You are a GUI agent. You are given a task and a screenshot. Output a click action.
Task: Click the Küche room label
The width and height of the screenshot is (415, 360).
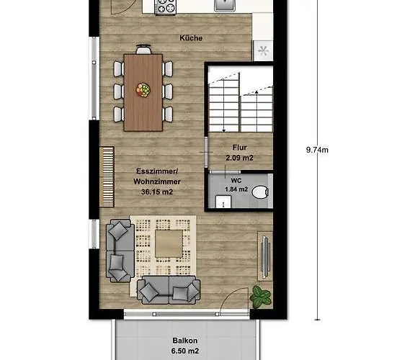191,37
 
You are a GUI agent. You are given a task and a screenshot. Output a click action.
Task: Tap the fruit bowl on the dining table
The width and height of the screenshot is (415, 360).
144,90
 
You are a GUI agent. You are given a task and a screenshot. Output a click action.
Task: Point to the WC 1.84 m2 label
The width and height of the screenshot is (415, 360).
236,185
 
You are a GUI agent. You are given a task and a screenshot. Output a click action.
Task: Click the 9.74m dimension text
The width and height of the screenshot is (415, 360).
317,150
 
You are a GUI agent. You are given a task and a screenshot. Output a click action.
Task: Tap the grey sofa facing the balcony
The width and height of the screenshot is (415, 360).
169,289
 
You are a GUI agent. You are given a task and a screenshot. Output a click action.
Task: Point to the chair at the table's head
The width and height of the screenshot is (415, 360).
144,50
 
